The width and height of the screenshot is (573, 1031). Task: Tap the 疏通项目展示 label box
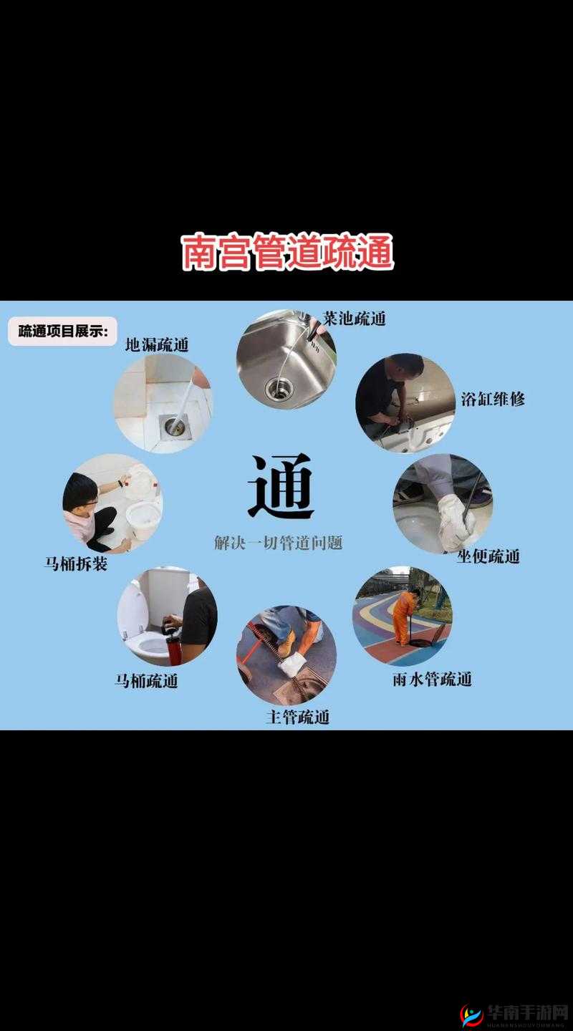[62, 331]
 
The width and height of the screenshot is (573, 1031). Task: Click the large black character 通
[281, 487]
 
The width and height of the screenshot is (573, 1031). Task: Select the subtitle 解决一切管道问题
[279, 543]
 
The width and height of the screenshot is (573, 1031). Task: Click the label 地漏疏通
[157, 344]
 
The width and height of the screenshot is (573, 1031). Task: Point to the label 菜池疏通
[354, 319]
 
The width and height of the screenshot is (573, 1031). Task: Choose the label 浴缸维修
[493, 399]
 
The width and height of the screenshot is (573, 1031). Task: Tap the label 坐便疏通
[488, 556]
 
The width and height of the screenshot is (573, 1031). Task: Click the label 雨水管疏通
[432, 679]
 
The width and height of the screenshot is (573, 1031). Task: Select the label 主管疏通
[297, 717]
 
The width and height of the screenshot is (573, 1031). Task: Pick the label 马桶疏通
[146, 681]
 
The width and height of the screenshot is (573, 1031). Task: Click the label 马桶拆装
[76, 564]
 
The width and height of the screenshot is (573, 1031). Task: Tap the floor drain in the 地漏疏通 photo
[174, 425]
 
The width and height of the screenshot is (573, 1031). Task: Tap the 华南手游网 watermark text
[527, 1013]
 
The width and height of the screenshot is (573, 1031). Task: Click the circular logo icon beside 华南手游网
[472, 1015]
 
